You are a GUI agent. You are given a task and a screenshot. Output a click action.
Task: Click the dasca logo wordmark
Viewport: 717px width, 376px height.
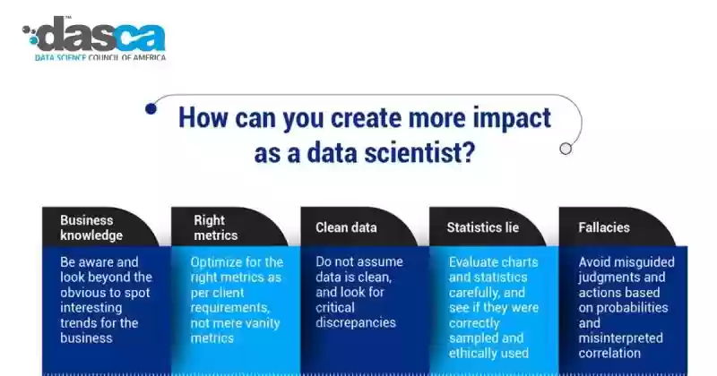point(101,34)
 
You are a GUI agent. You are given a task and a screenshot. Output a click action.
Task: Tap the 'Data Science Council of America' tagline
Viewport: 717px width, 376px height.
point(100,57)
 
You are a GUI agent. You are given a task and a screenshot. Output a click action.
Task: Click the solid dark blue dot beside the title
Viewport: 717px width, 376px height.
point(151,108)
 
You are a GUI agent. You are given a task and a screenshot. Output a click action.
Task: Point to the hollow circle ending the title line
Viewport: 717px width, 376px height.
point(566,149)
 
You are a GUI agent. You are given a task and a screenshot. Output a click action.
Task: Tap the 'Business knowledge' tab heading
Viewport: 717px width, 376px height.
point(91,227)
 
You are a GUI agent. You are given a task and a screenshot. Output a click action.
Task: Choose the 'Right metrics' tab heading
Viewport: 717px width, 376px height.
point(215,227)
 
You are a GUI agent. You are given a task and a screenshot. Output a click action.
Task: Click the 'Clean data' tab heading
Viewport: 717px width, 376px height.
point(346,227)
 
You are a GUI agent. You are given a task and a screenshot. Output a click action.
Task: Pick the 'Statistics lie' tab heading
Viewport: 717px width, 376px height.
point(483,227)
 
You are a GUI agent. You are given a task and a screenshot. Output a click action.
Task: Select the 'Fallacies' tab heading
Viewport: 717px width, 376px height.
point(604,227)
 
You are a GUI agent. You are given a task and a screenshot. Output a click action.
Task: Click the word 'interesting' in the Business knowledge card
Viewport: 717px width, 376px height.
point(91,307)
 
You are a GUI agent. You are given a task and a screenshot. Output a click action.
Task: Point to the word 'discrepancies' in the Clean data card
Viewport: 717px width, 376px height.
point(356,322)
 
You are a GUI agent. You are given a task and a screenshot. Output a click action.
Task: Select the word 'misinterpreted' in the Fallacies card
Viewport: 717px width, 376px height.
point(620,338)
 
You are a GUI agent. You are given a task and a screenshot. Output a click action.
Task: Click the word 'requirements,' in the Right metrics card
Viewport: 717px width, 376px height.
point(230,307)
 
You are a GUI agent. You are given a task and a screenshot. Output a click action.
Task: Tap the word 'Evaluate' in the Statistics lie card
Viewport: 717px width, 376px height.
point(469,261)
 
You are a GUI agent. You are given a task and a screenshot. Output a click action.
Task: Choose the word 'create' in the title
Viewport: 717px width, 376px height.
point(366,118)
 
